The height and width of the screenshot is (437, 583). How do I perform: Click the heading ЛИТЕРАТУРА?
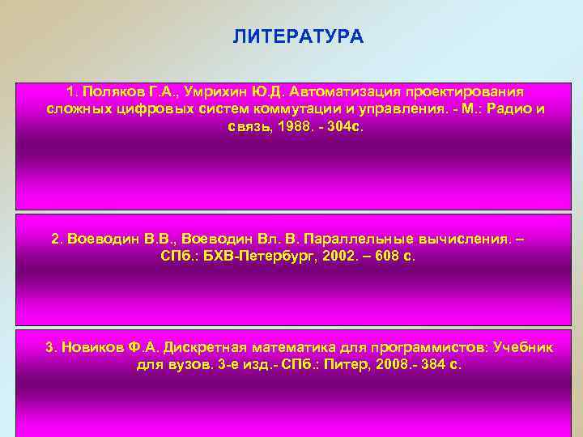pyautogui.click(x=298, y=37)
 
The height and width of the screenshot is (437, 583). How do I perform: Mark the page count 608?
pyautogui.click(x=385, y=257)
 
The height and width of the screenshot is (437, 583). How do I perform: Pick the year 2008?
pyautogui.click(x=383, y=364)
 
